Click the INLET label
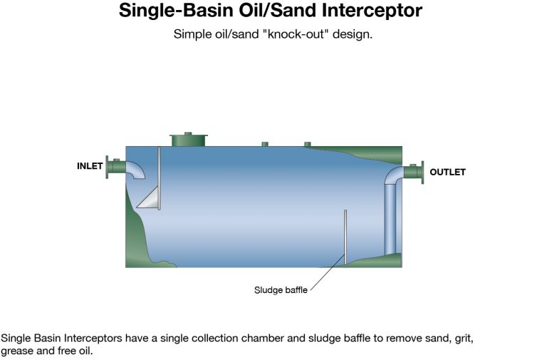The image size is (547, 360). (x=90, y=166)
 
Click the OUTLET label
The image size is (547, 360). (x=447, y=172)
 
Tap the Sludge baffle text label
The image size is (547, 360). (x=281, y=290)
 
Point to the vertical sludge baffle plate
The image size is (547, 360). (x=345, y=237)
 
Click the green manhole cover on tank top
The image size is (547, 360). (x=188, y=139)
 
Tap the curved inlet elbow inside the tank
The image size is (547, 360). (x=137, y=169)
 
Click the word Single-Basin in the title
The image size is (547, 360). (x=175, y=11)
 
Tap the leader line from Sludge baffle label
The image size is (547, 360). (x=327, y=272)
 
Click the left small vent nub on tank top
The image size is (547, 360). (x=265, y=144)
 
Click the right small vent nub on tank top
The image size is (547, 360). (x=308, y=144)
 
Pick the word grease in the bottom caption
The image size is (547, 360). (x=17, y=351)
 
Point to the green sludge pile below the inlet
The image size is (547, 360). (x=137, y=237)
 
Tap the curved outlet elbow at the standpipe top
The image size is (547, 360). (x=392, y=175)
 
